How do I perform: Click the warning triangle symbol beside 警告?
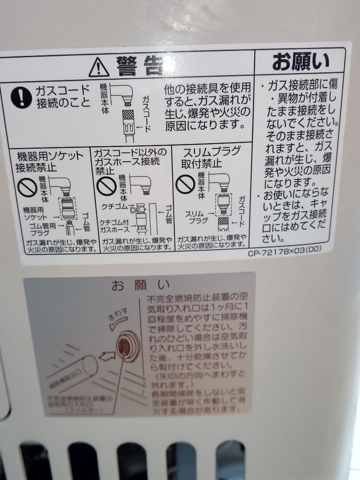click(99, 67)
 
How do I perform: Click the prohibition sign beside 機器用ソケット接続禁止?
click(27, 187)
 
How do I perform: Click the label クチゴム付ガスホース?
click(114, 225)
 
